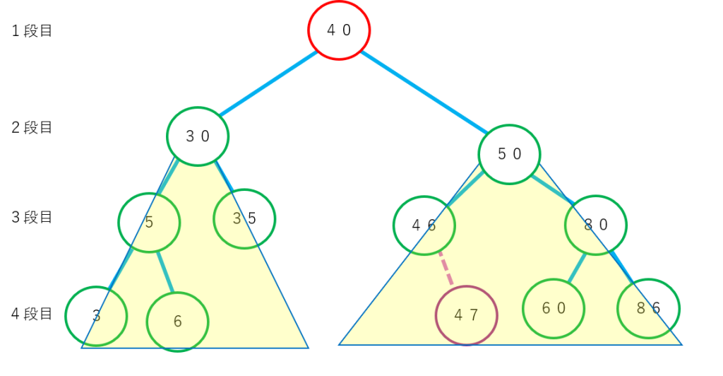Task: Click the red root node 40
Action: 339,30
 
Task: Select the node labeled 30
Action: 198,136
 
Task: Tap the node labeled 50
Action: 509,154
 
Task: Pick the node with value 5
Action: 149,222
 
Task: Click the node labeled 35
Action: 244,218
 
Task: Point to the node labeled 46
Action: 424,225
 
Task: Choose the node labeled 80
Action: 596,225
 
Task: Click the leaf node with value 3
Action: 96,316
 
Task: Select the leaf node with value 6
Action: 177,322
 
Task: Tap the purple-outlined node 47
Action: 466,315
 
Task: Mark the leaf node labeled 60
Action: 554,309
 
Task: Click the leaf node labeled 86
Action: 648,309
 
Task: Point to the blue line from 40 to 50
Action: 424,91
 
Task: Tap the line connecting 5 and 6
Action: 165,271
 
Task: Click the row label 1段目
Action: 32,31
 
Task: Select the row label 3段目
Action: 32,217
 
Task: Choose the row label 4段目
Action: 32,314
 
